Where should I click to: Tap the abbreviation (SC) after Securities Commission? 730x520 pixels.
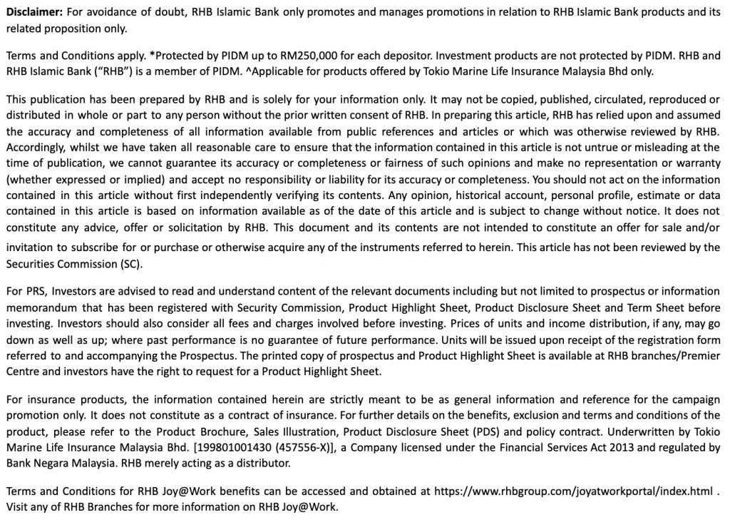[x=132, y=263]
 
